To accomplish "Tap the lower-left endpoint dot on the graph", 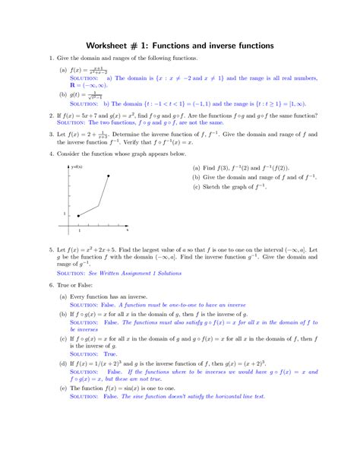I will pyautogui.click(x=78, y=215).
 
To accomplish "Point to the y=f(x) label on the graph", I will pyautogui.click(x=77, y=166).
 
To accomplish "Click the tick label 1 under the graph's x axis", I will pyautogui.click(x=78, y=230).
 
